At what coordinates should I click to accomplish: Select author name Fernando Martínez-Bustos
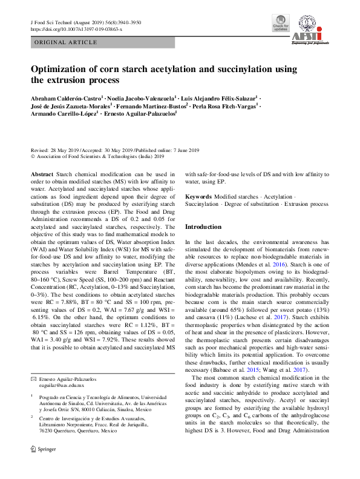click(x=151, y=105)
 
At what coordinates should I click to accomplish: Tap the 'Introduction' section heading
click(x=203, y=226)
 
